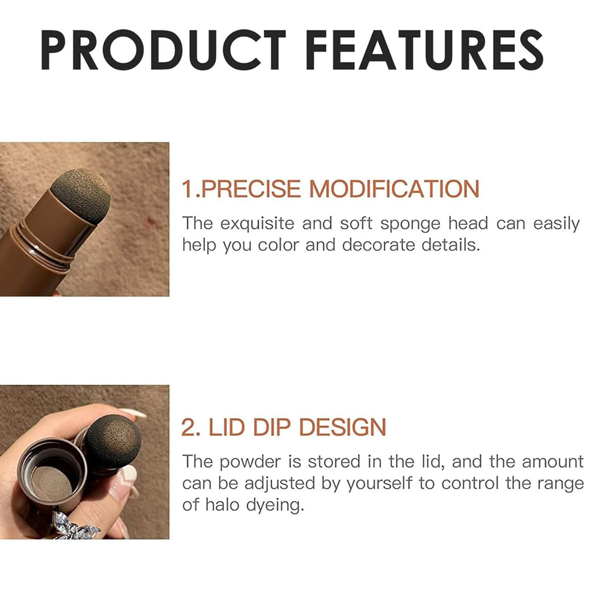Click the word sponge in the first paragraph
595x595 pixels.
pyautogui.click(x=410, y=224)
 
